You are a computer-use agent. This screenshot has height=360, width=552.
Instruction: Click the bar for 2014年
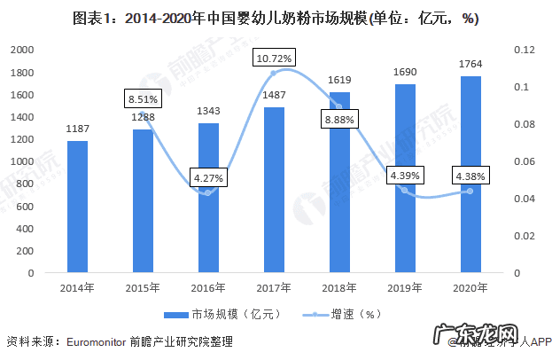click(x=77, y=206)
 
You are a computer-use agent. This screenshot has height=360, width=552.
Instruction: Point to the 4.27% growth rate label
click(x=209, y=178)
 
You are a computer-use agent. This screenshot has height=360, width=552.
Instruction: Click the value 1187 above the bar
click(x=78, y=129)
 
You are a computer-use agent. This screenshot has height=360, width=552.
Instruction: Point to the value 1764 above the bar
click(x=470, y=64)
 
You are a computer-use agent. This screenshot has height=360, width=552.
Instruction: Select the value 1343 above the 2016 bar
click(x=208, y=112)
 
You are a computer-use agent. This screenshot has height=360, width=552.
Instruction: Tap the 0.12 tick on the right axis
click(x=525, y=50)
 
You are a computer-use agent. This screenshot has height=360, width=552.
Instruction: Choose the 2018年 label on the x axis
click(x=339, y=286)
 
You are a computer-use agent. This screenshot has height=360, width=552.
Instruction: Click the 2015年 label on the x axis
click(x=144, y=286)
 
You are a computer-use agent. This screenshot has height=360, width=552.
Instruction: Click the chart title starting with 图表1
click(x=276, y=19)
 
